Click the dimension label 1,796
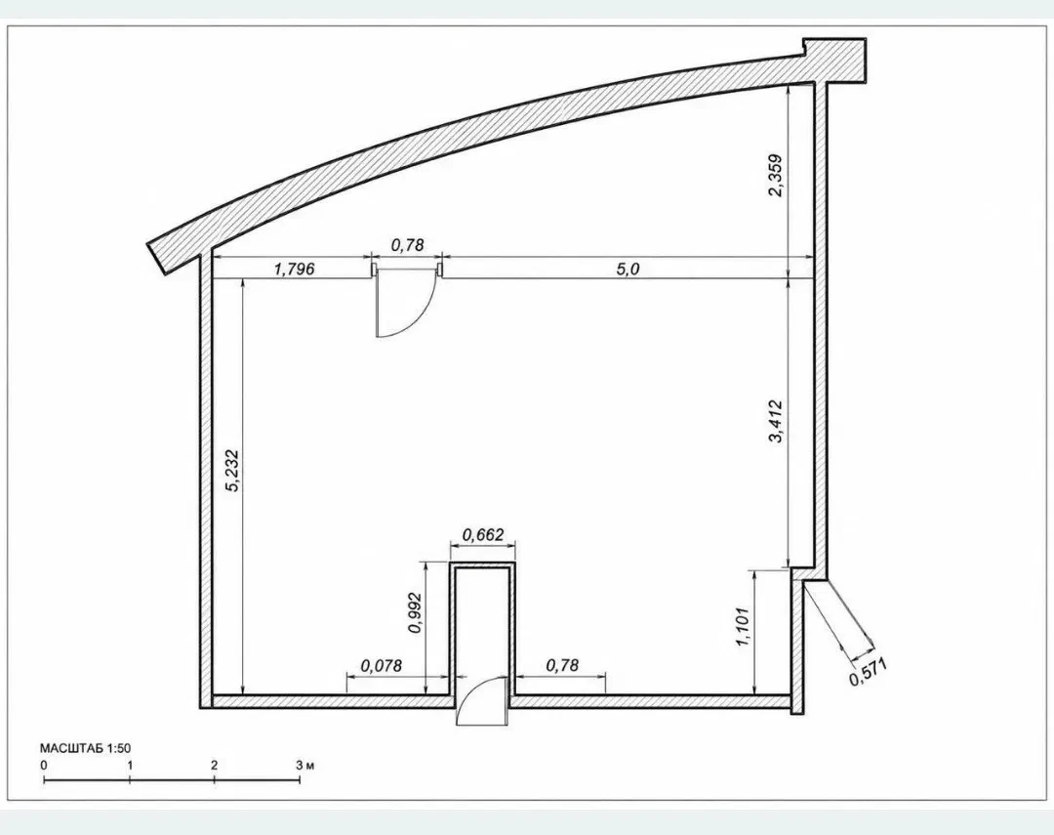[x=295, y=270]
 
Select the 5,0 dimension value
[x=628, y=270]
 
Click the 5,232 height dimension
[x=232, y=470]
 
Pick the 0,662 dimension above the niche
[x=482, y=535]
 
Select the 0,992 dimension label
[x=416, y=612]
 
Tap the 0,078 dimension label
[x=382, y=665]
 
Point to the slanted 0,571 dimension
[x=869, y=671]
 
